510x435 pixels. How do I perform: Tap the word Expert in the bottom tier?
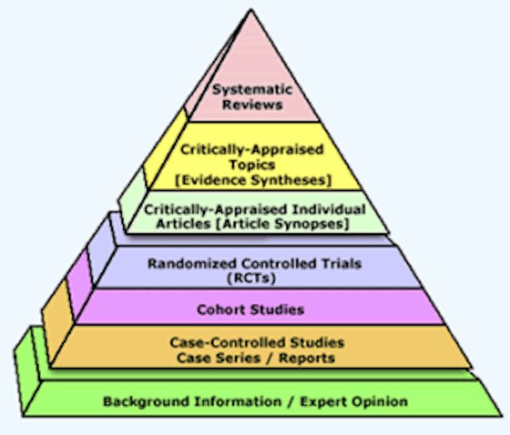coord(322,402)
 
